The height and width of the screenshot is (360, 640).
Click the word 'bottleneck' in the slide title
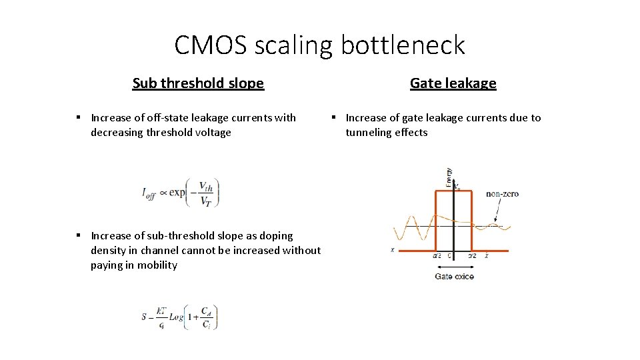(403, 45)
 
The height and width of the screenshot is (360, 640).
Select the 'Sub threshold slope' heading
(198, 83)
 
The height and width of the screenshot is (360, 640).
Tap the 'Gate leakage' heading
(453, 83)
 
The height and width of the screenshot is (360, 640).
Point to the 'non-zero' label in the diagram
(502, 194)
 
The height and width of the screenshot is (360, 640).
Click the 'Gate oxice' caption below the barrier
(454, 276)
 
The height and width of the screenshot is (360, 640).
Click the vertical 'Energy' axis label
(449, 177)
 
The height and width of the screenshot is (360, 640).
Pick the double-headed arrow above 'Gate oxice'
(454, 265)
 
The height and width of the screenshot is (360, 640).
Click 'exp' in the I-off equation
(177, 193)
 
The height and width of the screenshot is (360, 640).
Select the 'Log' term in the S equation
(176, 317)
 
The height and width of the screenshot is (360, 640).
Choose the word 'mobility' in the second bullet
(157, 265)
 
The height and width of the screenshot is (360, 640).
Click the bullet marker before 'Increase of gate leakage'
(333, 117)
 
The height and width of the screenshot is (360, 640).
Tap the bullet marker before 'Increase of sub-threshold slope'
(78, 235)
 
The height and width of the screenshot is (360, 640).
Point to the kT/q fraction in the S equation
(161, 317)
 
